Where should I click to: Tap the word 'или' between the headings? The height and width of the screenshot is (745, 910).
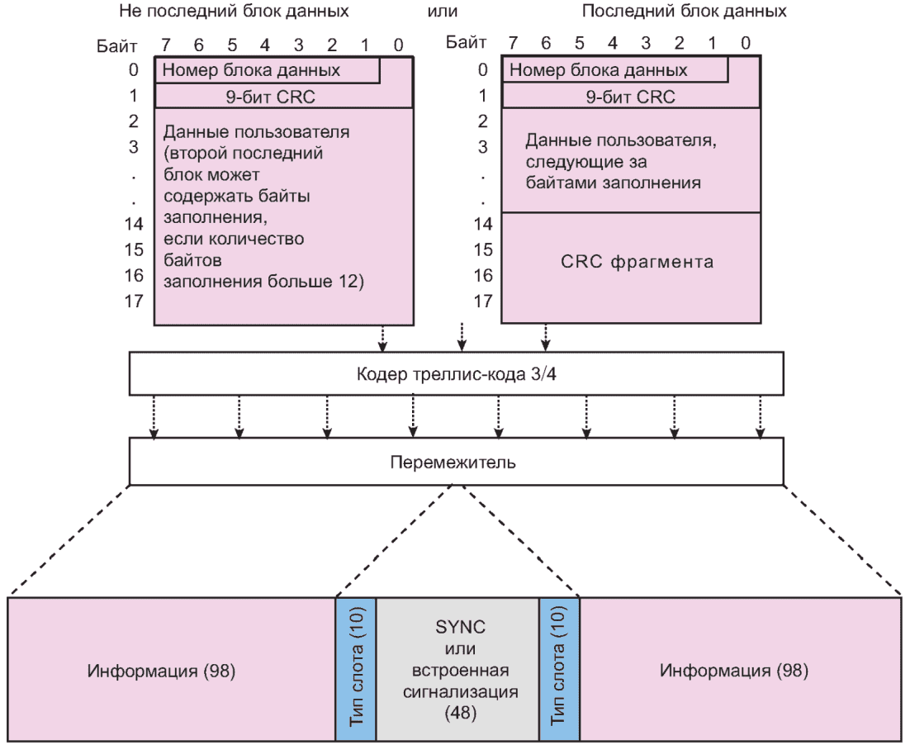pos(443,12)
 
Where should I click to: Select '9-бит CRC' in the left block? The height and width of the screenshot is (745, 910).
pos(283,97)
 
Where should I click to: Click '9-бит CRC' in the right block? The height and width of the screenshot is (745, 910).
pos(631,97)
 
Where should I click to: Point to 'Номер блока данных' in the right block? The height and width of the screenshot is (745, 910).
pos(598,70)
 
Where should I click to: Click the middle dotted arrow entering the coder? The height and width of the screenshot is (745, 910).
pos(462,335)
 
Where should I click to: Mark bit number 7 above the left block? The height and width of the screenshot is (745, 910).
pos(165,43)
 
